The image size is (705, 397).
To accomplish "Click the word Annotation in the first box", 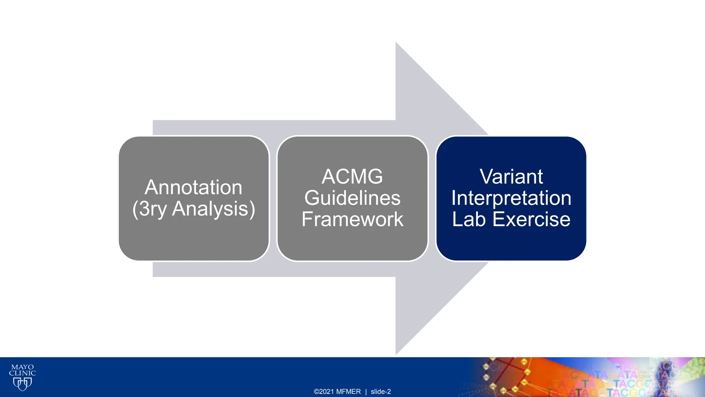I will (x=193, y=187).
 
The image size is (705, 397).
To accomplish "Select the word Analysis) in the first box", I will (x=213, y=209).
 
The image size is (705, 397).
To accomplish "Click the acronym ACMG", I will (x=352, y=176).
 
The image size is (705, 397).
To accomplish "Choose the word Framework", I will (x=352, y=219).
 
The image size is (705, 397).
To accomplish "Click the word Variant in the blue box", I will (x=511, y=176).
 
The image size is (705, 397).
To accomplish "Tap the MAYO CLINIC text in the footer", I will (x=22, y=370).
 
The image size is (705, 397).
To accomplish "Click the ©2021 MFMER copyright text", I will (x=337, y=391).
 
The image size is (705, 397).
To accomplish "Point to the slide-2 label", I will (x=381, y=391).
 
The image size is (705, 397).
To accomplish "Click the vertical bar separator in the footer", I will (x=366, y=391).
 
